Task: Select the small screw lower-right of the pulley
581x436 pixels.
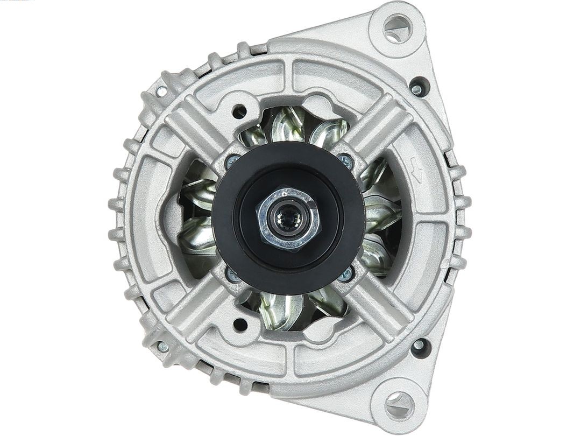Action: [x=345, y=275]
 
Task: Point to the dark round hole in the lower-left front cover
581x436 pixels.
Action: [x=240, y=324]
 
